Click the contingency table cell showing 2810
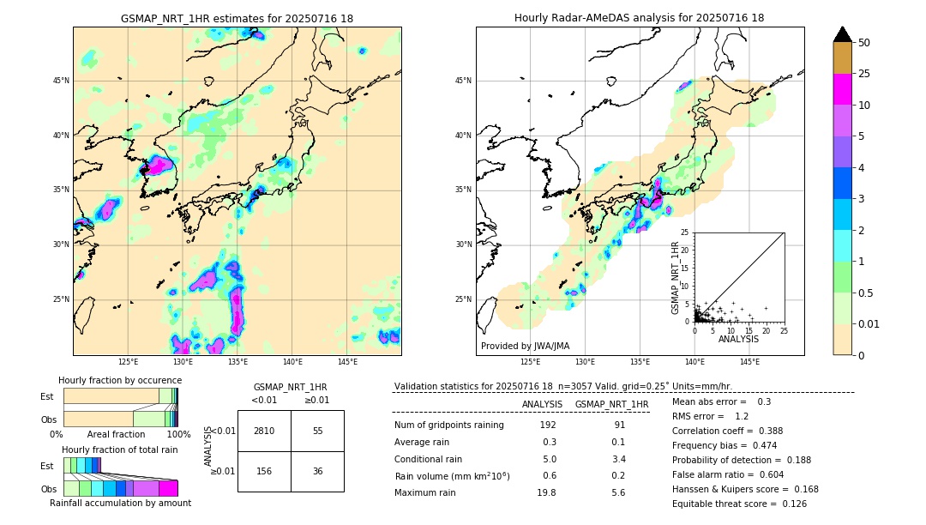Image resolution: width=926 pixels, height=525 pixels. click(x=264, y=431)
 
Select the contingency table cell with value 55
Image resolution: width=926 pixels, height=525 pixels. click(x=317, y=431)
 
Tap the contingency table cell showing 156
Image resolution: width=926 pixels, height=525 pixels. click(x=264, y=471)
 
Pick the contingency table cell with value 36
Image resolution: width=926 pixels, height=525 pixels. click(x=317, y=471)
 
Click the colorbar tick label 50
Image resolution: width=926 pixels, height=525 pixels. click(x=864, y=43)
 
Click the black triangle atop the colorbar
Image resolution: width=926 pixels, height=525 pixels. click(x=843, y=34)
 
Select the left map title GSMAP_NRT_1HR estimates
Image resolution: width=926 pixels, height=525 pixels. click(x=237, y=18)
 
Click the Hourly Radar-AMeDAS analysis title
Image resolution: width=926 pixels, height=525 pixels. click(x=639, y=18)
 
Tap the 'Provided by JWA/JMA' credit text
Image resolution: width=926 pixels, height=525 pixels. click(x=525, y=346)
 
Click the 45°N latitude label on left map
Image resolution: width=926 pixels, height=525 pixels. click(x=61, y=81)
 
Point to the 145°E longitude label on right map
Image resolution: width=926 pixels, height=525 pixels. click(x=749, y=363)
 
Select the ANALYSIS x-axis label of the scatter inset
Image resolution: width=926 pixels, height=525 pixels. click(x=738, y=339)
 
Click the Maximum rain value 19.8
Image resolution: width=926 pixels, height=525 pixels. click(x=546, y=492)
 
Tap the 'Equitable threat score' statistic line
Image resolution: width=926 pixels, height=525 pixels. click(x=739, y=504)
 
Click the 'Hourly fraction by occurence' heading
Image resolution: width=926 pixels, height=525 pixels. click(x=120, y=380)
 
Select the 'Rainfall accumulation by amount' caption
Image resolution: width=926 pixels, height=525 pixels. click(x=120, y=503)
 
